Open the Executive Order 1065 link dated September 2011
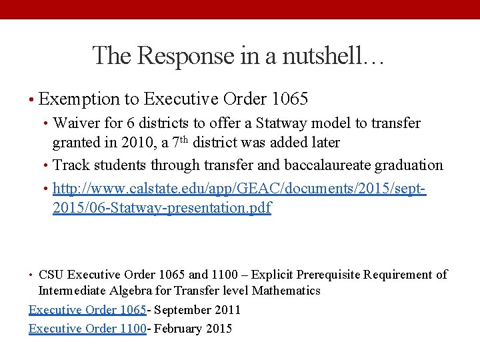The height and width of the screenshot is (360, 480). pyautogui.click(x=87, y=310)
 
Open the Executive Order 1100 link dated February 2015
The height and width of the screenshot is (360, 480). pyautogui.click(x=87, y=329)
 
